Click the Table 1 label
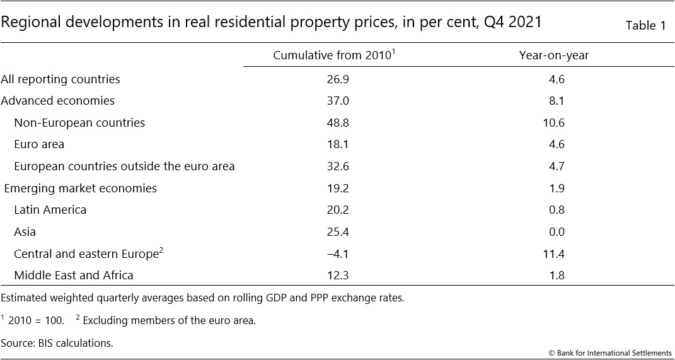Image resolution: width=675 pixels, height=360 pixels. click(645, 26)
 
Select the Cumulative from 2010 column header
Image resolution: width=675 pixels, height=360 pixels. click(333, 55)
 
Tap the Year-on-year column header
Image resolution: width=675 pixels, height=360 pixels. click(554, 55)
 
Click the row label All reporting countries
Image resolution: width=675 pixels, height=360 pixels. click(61, 79)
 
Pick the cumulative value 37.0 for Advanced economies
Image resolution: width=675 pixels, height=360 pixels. click(334, 101)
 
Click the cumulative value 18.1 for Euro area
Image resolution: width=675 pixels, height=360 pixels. click(334, 144)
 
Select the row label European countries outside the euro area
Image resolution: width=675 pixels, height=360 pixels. click(124, 166)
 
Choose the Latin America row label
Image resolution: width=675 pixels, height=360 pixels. click(50, 210)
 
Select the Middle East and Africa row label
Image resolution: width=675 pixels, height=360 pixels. click(74, 275)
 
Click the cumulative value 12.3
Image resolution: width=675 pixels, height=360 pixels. click(334, 275)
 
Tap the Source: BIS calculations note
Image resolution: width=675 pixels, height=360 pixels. click(57, 343)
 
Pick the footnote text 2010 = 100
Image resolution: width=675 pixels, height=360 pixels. click(36, 320)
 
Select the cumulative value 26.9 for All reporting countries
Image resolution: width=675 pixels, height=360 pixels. click(334, 79)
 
